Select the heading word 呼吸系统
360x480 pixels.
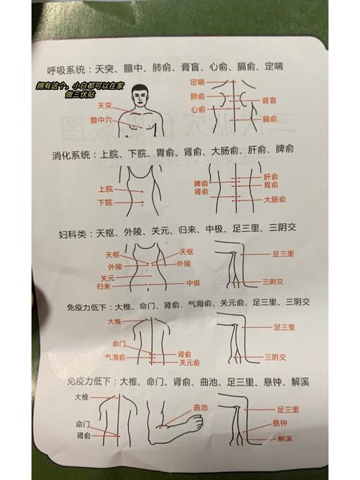coord(66,69)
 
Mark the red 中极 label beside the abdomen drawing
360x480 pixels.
coord(193,283)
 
